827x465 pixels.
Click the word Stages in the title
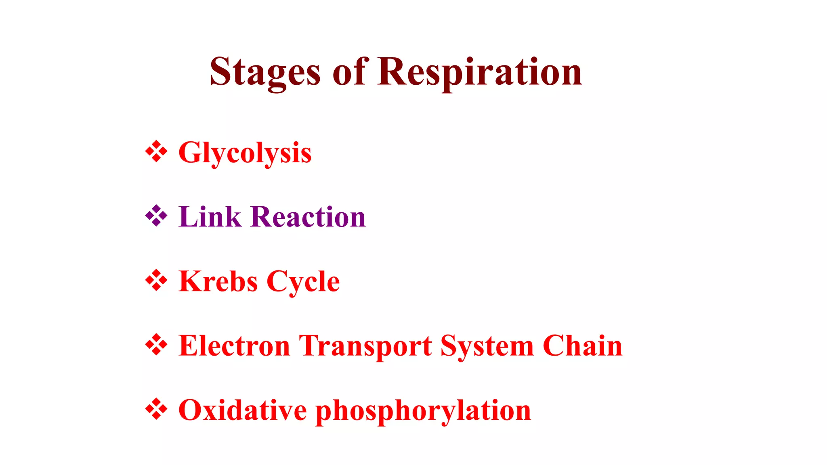(265, 73)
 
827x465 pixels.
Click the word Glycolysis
(245, 153)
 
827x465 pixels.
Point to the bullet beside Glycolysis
(156, 152)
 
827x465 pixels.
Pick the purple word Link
(210, 217)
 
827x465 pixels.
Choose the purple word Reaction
(308, 217)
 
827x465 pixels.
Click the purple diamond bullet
(156, 216)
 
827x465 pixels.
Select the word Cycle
(303, 281)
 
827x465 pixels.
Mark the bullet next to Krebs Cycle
(156, 280)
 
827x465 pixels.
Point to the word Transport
(365, 346)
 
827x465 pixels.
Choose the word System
(487, 346)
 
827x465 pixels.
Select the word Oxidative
(242, 410)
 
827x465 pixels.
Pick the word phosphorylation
(423, 411)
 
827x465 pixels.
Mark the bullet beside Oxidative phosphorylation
(156, 409)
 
